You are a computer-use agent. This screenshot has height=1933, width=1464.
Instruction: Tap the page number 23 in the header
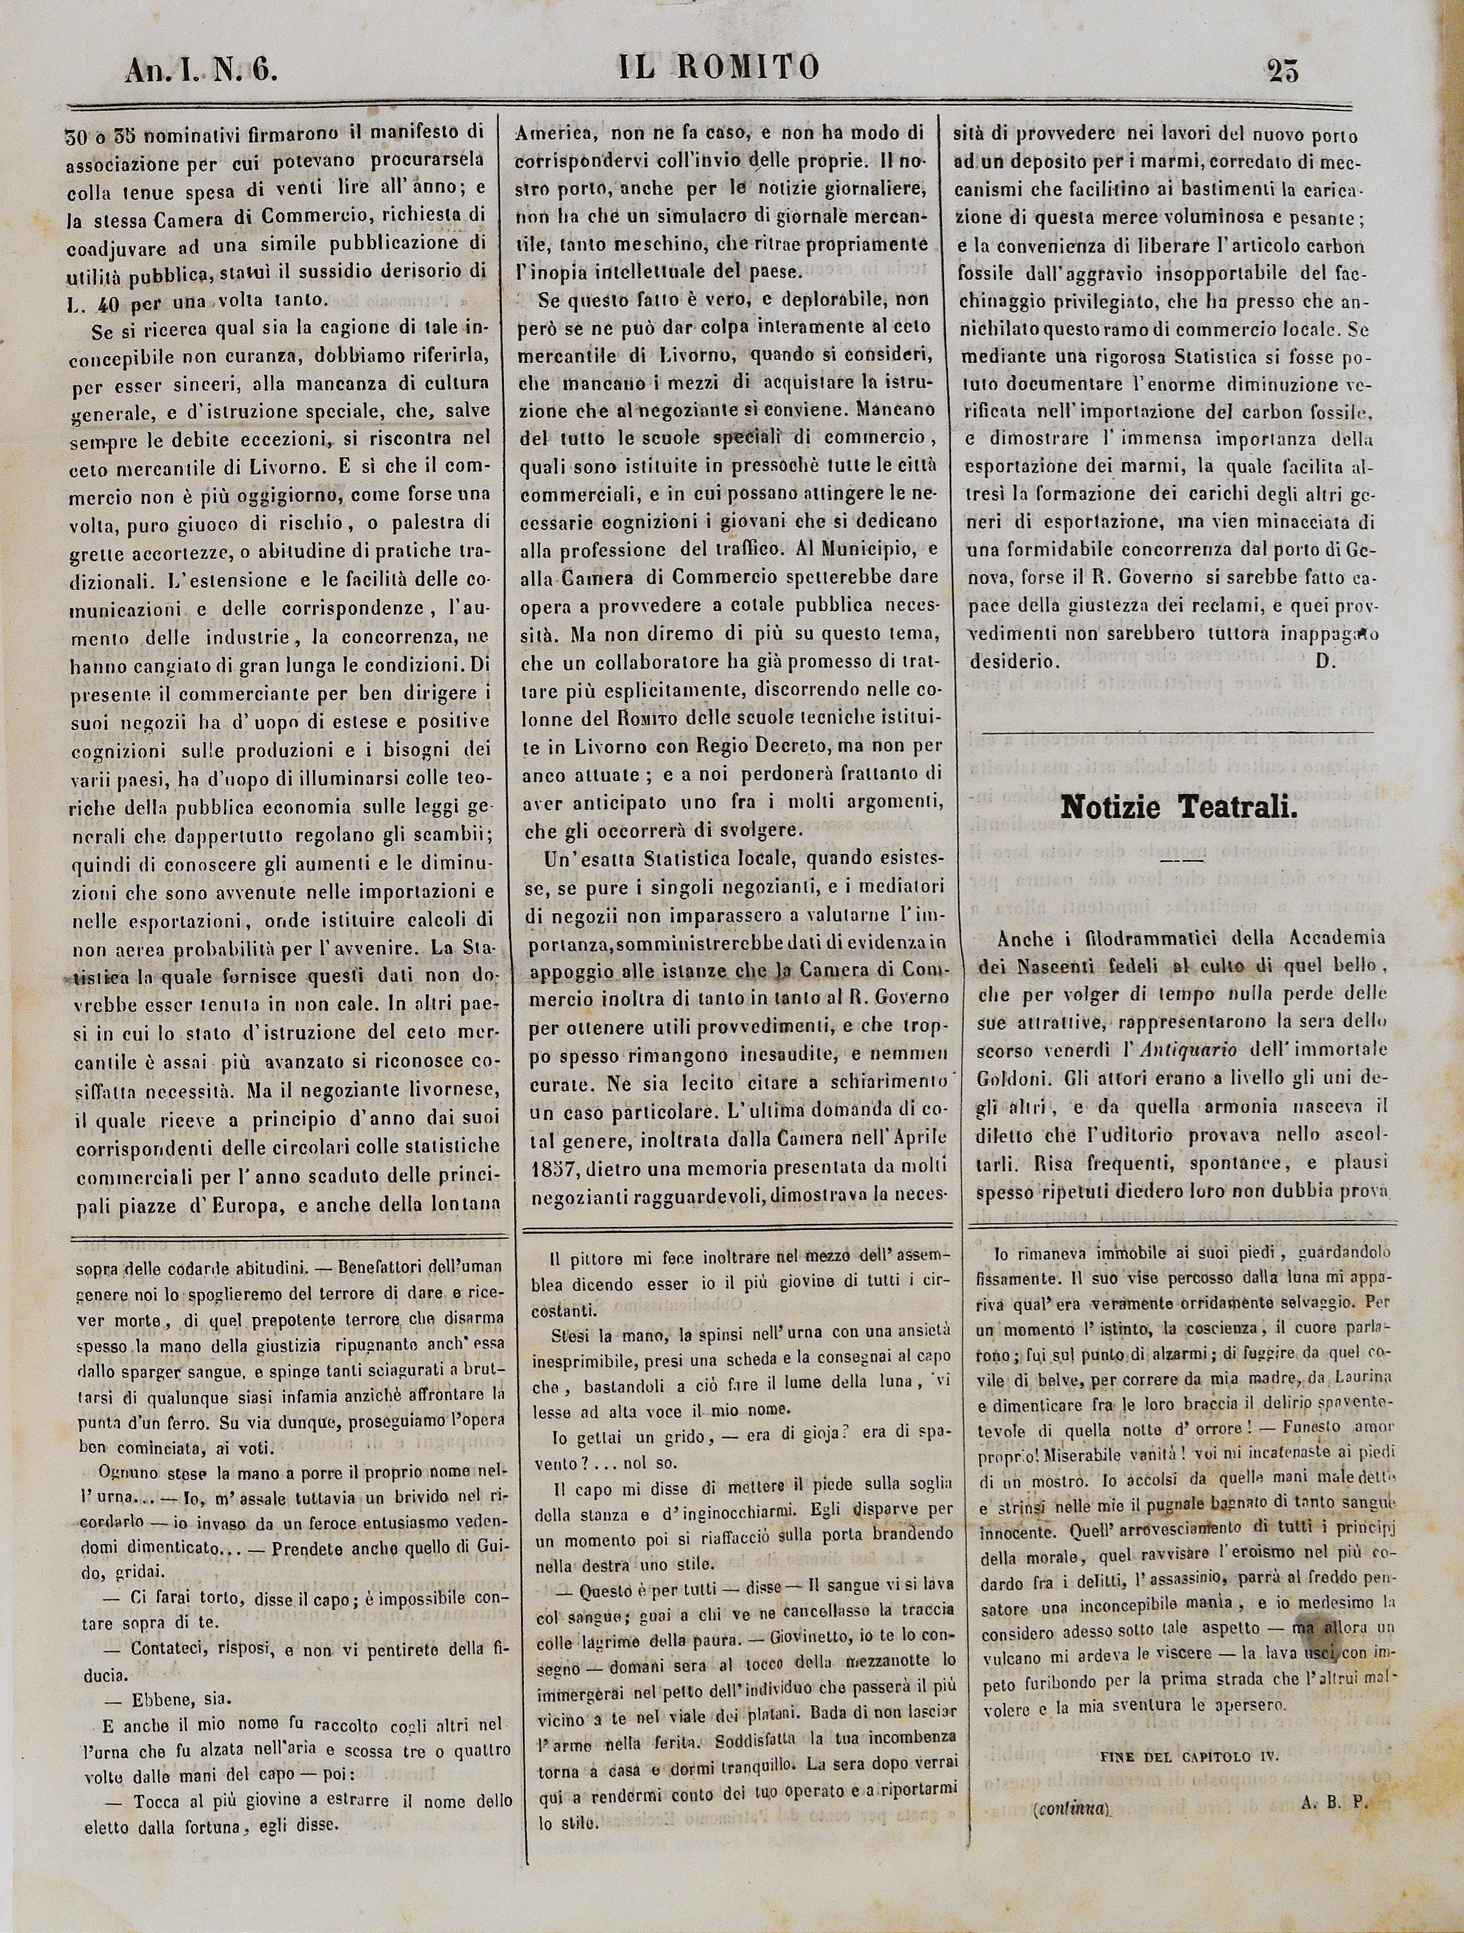pos(1282,70)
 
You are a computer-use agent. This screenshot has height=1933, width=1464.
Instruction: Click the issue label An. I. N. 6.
pos(201,70)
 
